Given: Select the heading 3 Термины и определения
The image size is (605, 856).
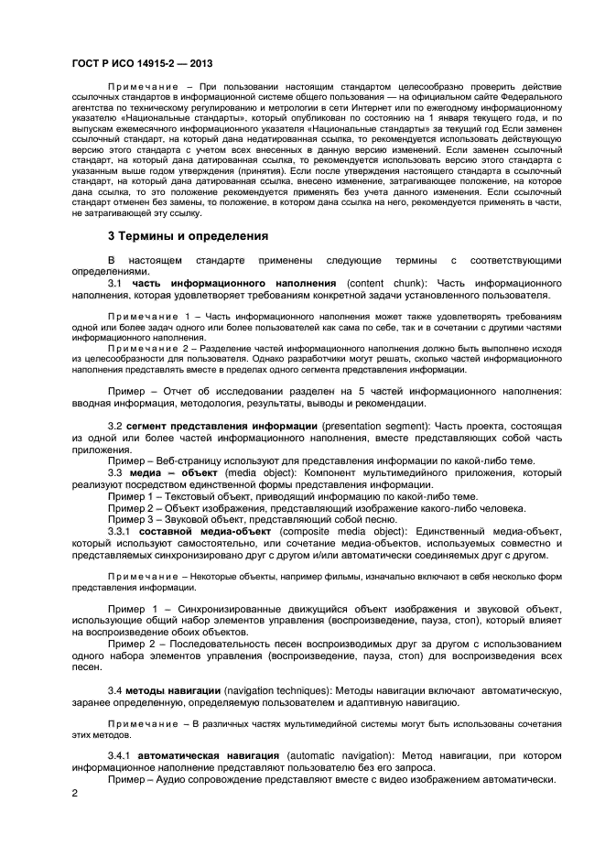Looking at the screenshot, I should click(188, 235).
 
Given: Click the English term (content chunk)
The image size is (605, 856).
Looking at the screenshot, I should click(385, 283).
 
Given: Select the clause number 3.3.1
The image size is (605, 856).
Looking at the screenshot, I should click(122, 530).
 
